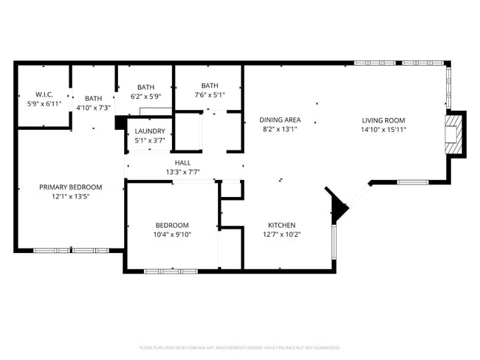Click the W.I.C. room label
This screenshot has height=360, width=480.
tap(44, 94)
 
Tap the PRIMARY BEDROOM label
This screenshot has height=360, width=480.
tap(70, 187)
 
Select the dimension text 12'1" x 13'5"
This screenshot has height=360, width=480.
tap(70, 197)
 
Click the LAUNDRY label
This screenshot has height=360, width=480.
tap(150, 132)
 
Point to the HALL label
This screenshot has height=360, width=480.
tap(183, 163)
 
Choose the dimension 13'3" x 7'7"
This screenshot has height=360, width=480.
tap(183, 173)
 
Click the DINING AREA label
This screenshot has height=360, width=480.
tap(280, 120)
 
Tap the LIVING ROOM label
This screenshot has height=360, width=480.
tap(383, 120)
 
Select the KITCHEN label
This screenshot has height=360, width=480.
tap(281, 226)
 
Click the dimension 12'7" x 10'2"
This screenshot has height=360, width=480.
tap(281, 235)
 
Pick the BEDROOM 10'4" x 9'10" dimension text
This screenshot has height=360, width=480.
tap(171, 235)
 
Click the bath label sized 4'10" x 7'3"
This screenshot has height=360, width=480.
tap(94, 108)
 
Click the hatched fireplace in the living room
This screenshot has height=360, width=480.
tap(451, 135)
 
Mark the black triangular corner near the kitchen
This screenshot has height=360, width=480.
tap(337, 206)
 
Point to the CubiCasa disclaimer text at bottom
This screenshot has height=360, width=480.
tap(240, 347)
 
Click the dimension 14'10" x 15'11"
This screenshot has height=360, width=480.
tap(383, 130)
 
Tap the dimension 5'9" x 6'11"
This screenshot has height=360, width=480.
tap(44, 104)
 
